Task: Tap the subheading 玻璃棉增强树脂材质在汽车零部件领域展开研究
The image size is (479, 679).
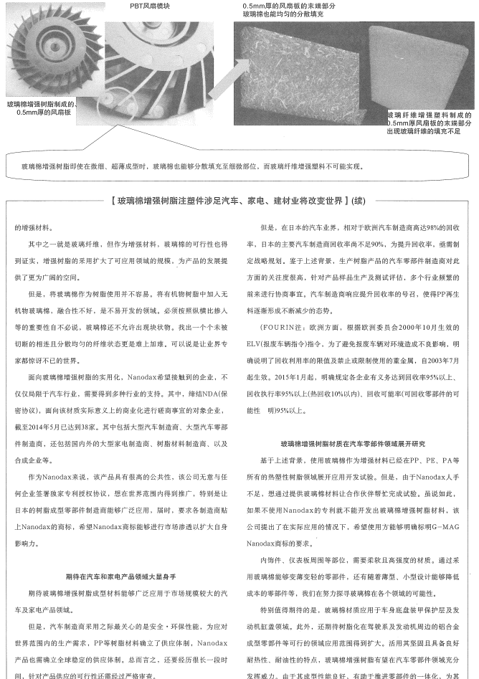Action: point(354,443)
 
